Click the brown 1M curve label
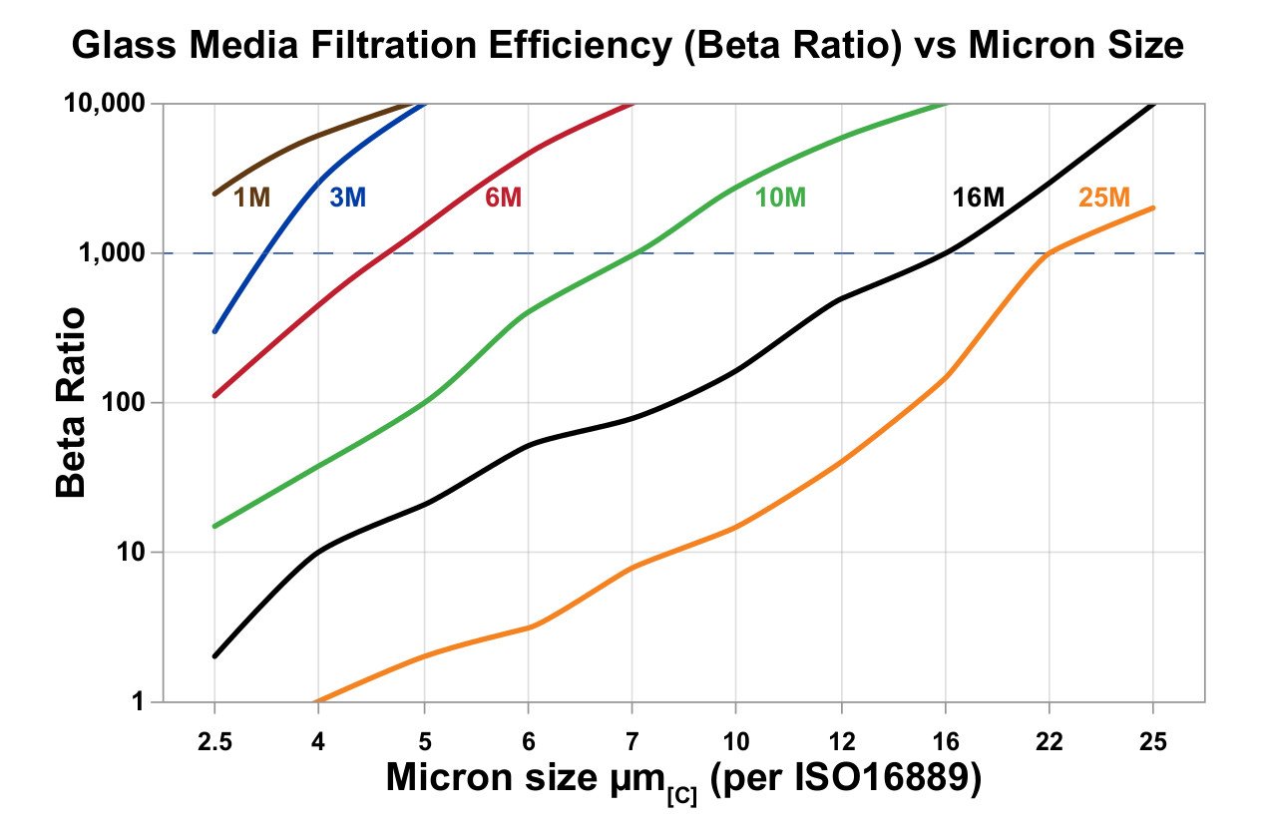(x=251, y=198)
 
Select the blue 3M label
(x=348, y=198)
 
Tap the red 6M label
(x=503, y=198)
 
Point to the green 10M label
(x=780, y=198)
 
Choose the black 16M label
(x=978, y=198)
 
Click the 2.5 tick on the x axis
(x=214, y=742)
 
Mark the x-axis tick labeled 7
(x=631, y=742)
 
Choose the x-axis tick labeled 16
(x=945, y=742)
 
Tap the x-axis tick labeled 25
(x=1153, y=742)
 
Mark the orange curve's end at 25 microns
(x=1153, y=208)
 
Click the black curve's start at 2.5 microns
(x=214, y=656)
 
